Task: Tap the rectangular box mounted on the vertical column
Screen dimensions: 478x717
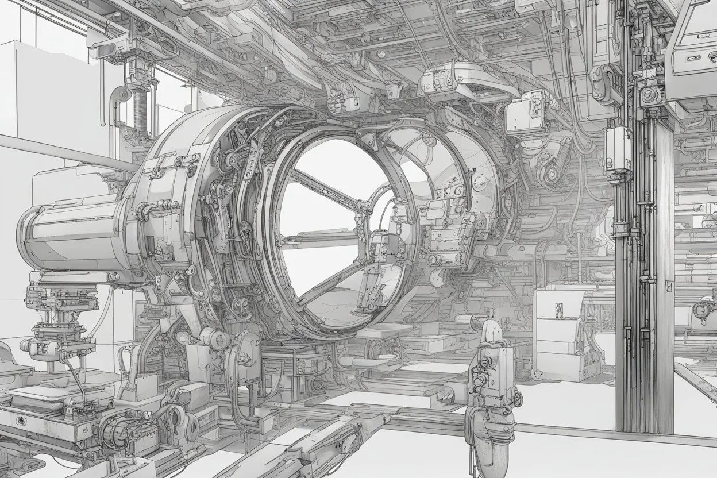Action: tap(618, 148)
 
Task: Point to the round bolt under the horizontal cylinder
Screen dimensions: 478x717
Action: tap(113, 277)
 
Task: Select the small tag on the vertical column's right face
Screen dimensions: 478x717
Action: tap(669, 286)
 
